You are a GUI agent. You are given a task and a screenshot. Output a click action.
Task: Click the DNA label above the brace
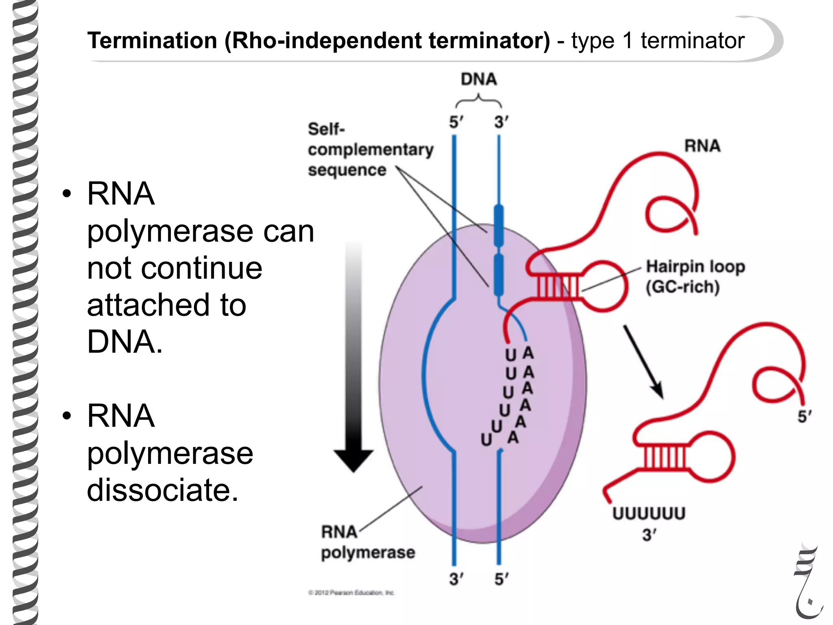coord(478,79)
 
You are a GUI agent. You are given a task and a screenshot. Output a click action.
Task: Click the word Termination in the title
coord(152,41)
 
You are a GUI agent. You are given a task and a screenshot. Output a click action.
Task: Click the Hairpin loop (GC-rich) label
coord(695,277)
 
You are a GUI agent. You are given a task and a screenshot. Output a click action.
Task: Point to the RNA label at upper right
coord(702,146)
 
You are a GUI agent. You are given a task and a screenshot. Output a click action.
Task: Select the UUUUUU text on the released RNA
coord(649,514)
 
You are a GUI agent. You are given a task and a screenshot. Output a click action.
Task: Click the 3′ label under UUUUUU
coord(650,535)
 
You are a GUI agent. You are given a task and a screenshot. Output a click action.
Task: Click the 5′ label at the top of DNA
coord(456,122)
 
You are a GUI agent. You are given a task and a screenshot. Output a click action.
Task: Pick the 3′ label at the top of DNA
coord(501,122)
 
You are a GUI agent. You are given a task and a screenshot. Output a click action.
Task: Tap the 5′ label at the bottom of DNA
coord(501,579)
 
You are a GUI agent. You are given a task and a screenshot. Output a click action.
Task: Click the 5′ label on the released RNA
coord(804,416)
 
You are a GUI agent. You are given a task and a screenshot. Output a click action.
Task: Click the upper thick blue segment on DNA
coord(499,225)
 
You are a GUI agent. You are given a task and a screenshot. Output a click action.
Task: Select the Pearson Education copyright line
coord(351,592)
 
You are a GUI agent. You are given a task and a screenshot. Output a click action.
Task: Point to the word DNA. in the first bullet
coord(124,342)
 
